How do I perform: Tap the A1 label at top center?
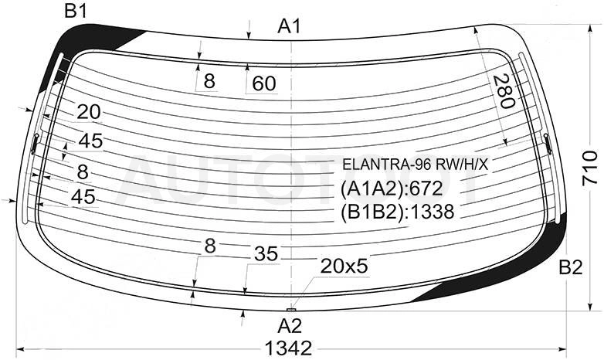[x=289, y=27]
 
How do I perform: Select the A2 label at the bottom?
[x=290, y=326]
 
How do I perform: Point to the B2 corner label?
[x=571, y=267]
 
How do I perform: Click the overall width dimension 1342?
[x=288, y=348]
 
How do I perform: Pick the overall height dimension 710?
[x=589, y=168]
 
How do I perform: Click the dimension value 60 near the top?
[x=264, y=83]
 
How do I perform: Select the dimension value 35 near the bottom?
[x=266, y=254]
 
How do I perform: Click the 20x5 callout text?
[x=344, y=266]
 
